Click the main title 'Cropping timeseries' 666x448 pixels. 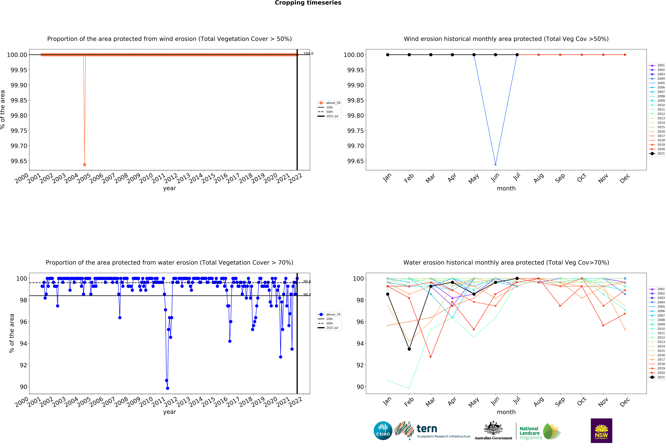[x=308, y=3]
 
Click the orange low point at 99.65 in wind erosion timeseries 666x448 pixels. [x=84, y=165]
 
